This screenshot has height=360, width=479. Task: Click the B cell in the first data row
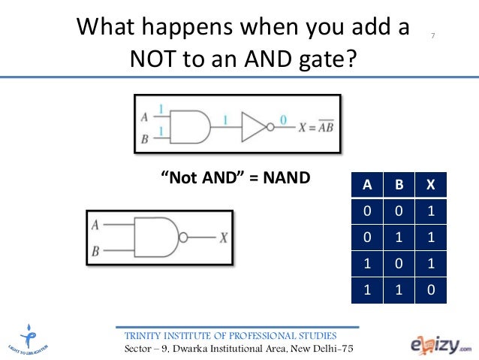pyautogui.click(x=399, y=211)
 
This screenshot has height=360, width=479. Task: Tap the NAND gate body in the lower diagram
pyautogui.click(x=156, y=238)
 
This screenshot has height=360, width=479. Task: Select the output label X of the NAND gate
pyautogui.click(x=223, y=238)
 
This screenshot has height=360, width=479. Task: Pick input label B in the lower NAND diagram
pyautogui.click(x=95, y=252)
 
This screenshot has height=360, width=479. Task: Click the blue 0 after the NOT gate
pyautogui.click(x=282, y=118)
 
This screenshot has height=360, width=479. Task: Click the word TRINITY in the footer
pyautogui.click(x=149, y=335)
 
